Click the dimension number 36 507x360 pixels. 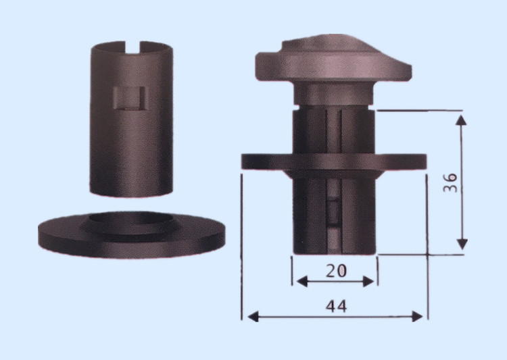point(450,183)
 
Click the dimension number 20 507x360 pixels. point(336,271)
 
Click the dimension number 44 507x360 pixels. point(336,306)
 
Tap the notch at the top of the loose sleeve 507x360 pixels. point(132,47)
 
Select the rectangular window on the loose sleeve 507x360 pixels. point(129,98)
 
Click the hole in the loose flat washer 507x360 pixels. point(130,218)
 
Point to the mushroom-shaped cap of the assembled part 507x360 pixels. point(333,58)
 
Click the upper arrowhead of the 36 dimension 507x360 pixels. point(462,120)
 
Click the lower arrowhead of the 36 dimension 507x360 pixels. point(462,245)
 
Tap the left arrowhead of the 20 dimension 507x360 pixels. point(301,282)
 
